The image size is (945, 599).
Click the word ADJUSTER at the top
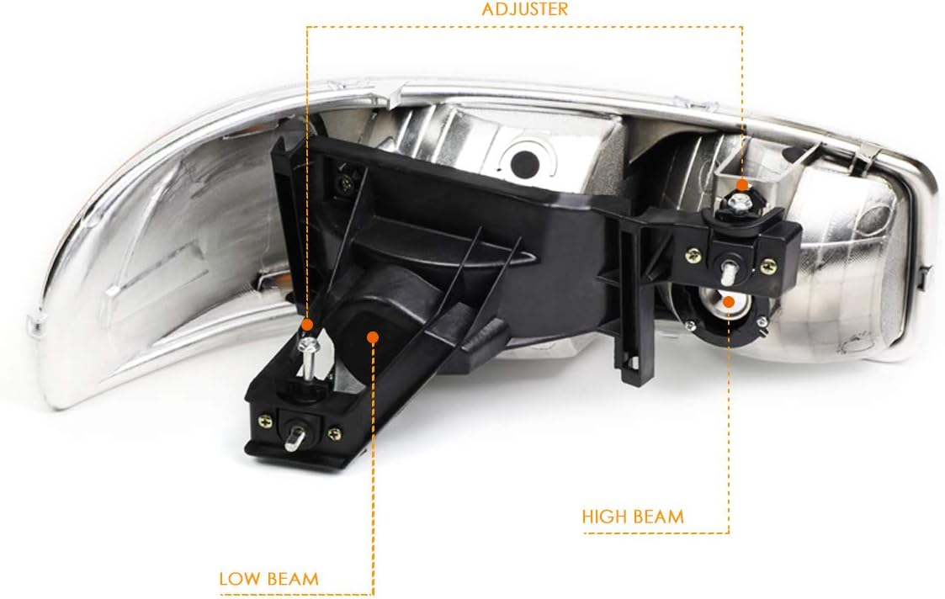(524, 10)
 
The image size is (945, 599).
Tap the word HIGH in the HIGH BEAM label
(603, 515)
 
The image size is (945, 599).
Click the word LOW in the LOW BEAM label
(238, 579)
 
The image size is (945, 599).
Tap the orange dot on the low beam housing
(373, 337)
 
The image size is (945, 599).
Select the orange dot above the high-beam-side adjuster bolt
(741, 185)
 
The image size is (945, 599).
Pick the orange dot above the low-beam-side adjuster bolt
(307, 324)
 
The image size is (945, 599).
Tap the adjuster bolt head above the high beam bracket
(741, 202)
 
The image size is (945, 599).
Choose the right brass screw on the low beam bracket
(335, 433)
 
